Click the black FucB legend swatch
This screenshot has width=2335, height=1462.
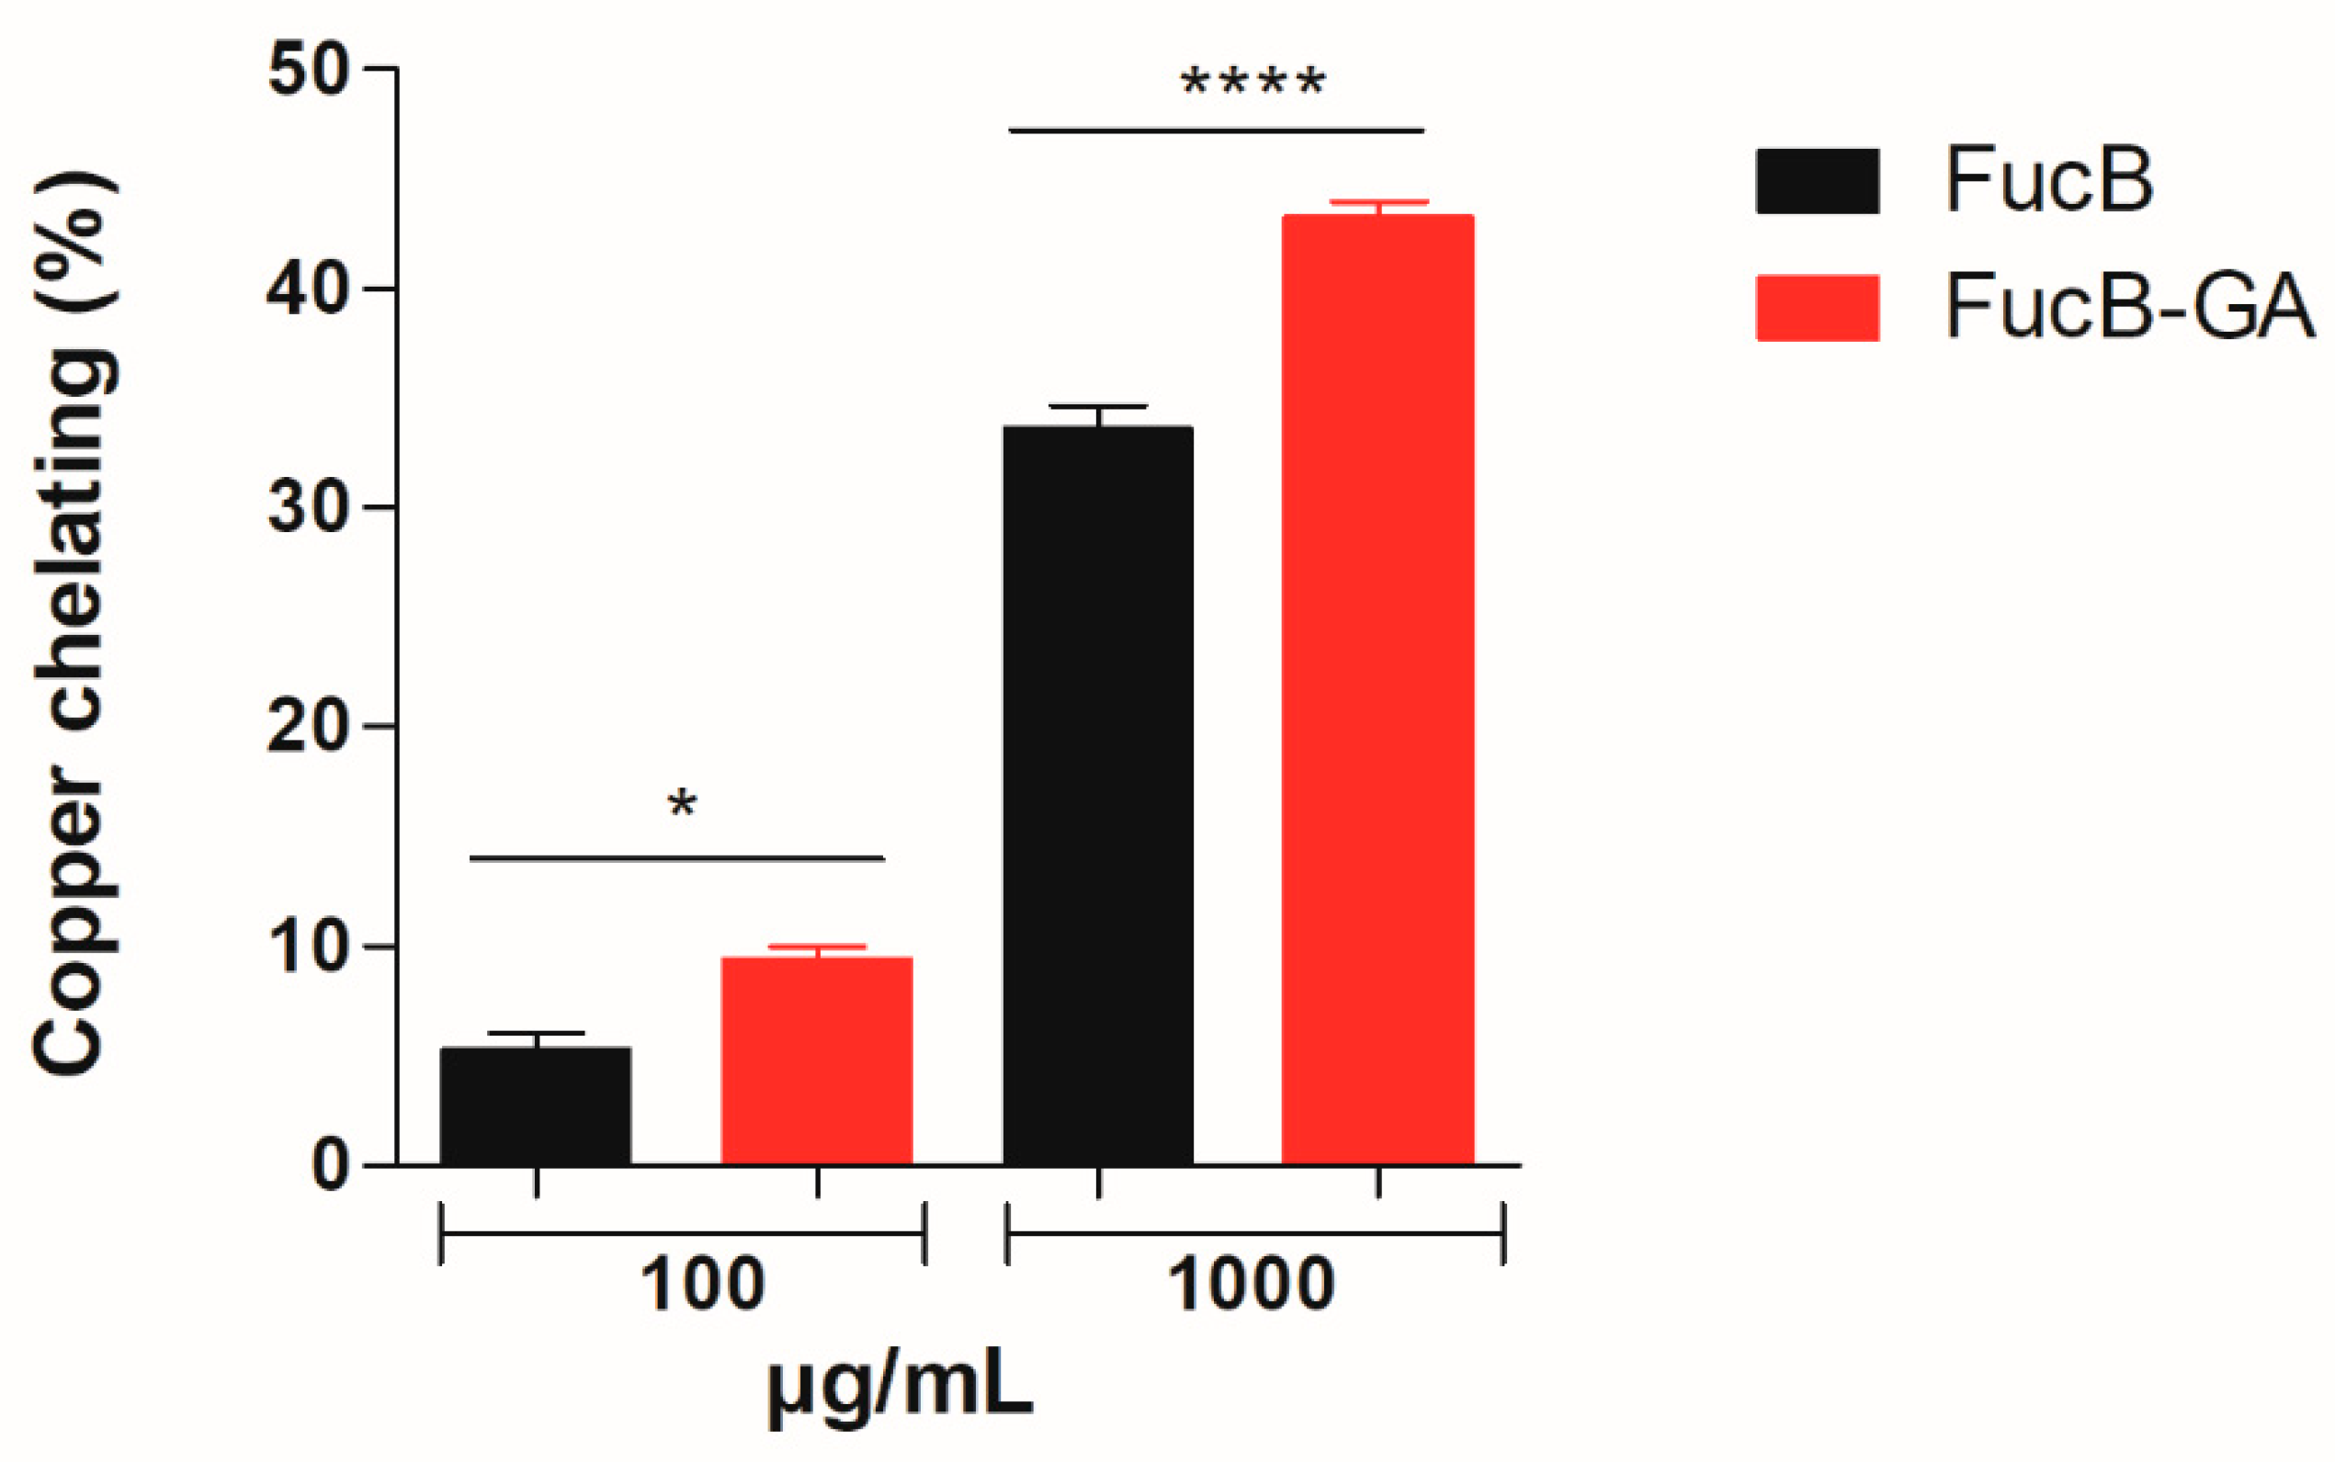1817,181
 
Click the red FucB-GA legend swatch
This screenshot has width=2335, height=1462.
1817,308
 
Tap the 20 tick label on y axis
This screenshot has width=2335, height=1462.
308,726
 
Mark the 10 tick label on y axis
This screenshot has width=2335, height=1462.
308,946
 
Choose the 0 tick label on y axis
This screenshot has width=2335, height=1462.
331,1166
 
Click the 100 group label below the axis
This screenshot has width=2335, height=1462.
703,1285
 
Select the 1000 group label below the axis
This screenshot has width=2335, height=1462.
1253,1285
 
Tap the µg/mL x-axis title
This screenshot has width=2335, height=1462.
901,1389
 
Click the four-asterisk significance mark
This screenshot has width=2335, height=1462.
1253,83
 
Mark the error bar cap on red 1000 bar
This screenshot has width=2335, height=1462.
1378,202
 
